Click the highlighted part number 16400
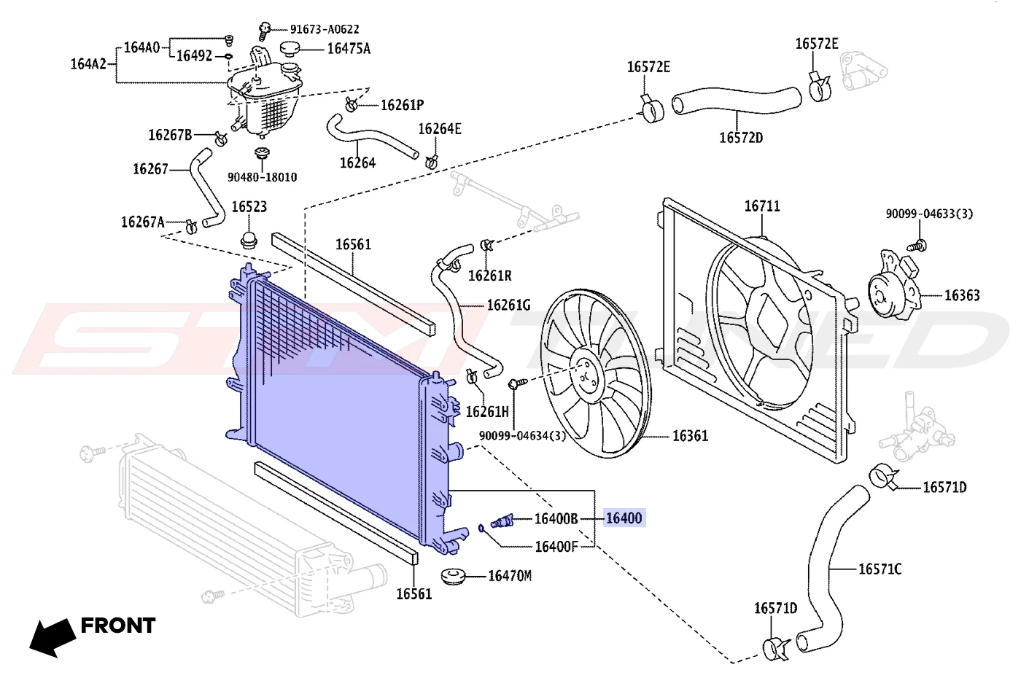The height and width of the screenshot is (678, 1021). click(x=624, y=518)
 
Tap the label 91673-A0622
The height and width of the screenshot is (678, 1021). click(x=325, y=29)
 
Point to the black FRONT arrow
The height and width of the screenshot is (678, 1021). click(x=53, y=637)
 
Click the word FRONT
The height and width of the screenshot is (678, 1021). click(x=118, y=626)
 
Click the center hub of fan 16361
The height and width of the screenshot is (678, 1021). click(x=584, y=373)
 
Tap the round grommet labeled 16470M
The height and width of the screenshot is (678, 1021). click(x=454, y=577)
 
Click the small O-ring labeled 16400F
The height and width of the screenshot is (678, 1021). click(x=481, y=528)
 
